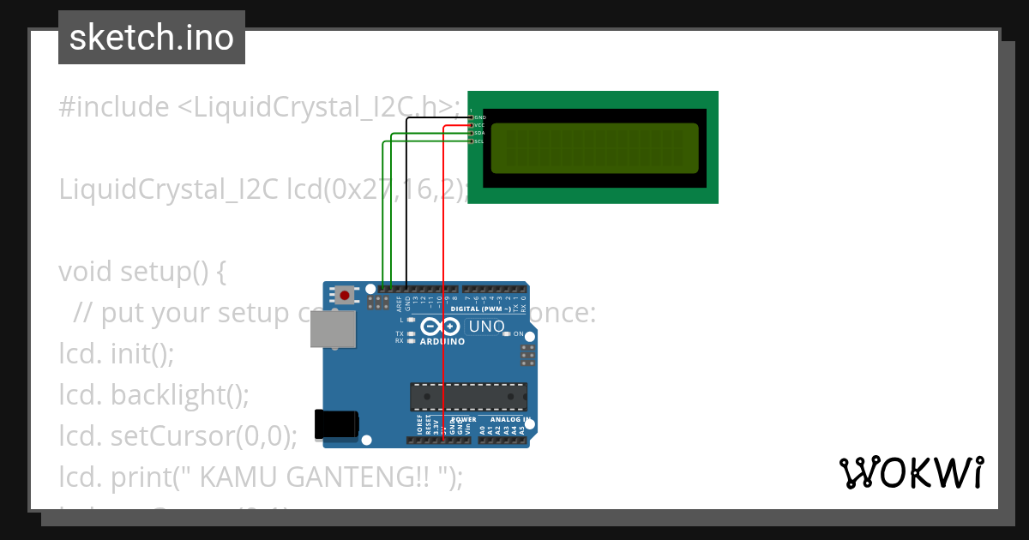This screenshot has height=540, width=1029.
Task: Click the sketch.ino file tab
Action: pos(152,38)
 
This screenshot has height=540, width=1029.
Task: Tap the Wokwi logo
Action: pos(911,473)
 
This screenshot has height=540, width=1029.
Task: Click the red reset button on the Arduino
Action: pos(345,296)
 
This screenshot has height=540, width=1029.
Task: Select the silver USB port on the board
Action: pos(333,329)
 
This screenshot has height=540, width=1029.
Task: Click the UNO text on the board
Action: pos(486,327)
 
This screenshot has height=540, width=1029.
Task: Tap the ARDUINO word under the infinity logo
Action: pos(442,341)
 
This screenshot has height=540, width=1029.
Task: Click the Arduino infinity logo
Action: pos(442,327)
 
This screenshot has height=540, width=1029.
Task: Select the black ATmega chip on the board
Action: pos(468,397)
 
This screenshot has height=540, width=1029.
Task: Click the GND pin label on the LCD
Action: pos(479,117)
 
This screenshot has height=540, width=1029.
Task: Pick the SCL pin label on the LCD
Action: pos(479,141)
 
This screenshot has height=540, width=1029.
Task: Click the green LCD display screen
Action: pos(594,148)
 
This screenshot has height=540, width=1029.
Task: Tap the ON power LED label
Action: pos(518,333)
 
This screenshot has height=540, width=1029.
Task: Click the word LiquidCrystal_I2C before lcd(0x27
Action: pos(168,189)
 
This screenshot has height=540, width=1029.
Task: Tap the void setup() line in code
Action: pos(141,272)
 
